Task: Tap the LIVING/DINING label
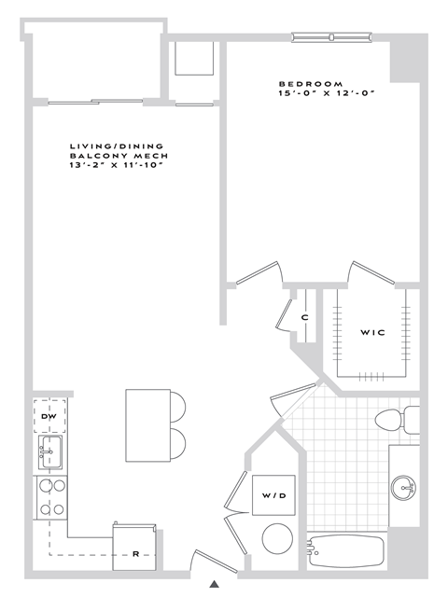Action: (x=117, y=146)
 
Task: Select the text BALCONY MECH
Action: (x=117, y=156)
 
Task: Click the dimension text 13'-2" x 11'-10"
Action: (x=117, y=166)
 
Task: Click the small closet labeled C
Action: (x=304, y=318)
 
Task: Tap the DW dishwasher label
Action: (x=49, y=416)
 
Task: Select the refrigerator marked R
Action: (x=136, y=554)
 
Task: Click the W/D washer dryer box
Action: (x=274, y=495)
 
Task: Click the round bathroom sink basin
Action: (x=403, y=487)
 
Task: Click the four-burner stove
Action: (x=49, y=497)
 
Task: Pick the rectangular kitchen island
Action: (x=147, y=425)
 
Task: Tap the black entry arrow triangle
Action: (x=214, y=585)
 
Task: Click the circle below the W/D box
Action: (x=275, y=539)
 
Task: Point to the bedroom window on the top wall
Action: (x=331, y=37)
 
